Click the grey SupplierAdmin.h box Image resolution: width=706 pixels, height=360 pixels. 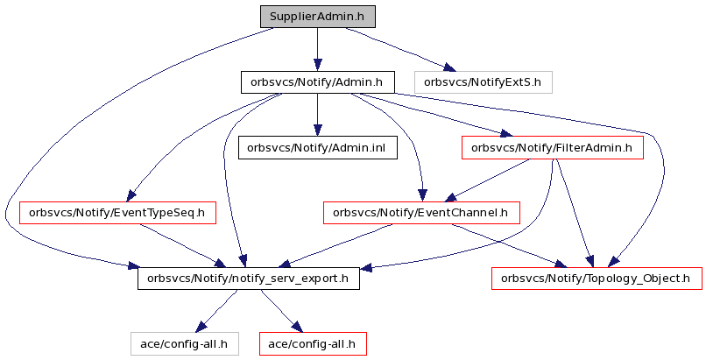[317, 18]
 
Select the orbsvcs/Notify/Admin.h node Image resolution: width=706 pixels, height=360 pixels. [317, 82]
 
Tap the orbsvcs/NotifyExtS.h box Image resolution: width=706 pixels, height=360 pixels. [483, 82]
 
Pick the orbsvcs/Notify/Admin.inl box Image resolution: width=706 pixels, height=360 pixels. [317, 148]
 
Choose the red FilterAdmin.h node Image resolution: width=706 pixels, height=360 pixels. [553, 148]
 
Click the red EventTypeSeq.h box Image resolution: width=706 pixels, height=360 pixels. [117, 213]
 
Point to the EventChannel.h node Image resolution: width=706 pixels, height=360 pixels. [421, 213]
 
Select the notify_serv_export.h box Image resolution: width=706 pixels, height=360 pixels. [249, 278]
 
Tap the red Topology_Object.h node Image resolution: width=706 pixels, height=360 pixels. [597, 278]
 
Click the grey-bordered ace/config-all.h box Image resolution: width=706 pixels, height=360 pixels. [184, 344]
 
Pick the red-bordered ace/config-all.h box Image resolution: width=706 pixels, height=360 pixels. [313, 344]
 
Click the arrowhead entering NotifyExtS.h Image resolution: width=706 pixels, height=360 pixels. [448, 68]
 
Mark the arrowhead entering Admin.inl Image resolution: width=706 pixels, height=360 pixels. [317, 130]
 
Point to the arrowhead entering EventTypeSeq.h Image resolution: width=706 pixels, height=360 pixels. [131, 195]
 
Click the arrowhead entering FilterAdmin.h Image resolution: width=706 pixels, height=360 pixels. [505, 133]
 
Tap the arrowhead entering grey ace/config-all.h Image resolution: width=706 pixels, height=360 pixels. [202, 327]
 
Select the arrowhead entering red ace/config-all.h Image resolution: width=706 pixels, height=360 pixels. [295, 327]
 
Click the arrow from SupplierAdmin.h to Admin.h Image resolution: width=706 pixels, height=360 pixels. [317, 50]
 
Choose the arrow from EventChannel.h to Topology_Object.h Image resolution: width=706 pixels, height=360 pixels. [508, 246]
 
